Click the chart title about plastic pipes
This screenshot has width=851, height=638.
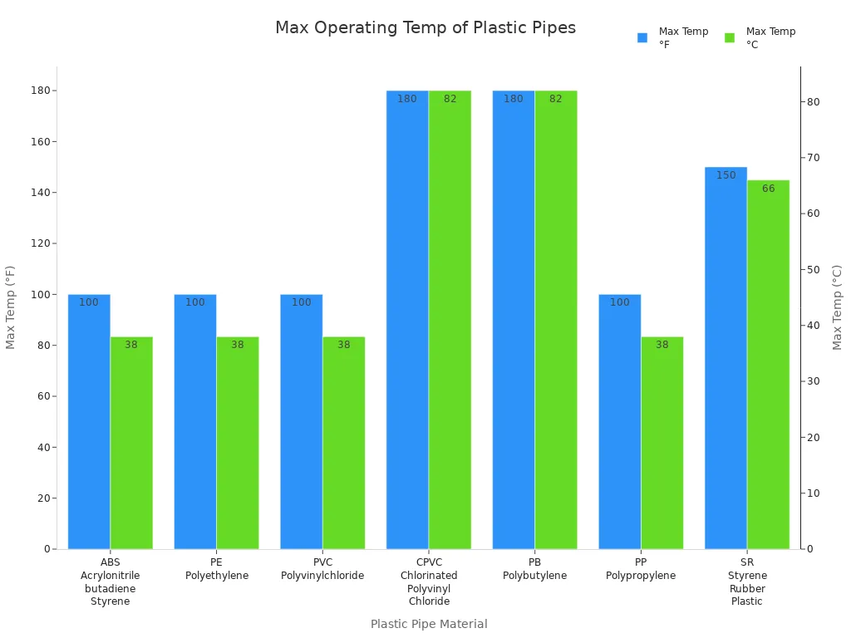(x=425, y=27)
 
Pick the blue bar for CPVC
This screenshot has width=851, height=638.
(x=407, y=320)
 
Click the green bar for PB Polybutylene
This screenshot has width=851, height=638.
(x=556, y=320)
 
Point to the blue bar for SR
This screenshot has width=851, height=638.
(x=726, y=358)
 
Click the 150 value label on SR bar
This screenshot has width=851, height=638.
(x=726, y=175)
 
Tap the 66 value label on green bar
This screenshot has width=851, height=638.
(x=769, y=189)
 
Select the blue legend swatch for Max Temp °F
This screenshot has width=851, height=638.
(x=642, y=37)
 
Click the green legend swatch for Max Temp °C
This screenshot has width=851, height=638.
(x=730, y=37)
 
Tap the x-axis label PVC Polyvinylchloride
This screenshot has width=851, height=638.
(x=322, y=569)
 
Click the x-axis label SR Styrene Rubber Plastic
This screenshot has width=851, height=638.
(x=747, y=582)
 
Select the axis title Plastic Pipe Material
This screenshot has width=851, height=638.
(x=429, y=624)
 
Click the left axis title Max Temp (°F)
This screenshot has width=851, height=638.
(x=11, y=307)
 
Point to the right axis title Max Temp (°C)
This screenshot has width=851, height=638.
(x=838, y=307)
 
